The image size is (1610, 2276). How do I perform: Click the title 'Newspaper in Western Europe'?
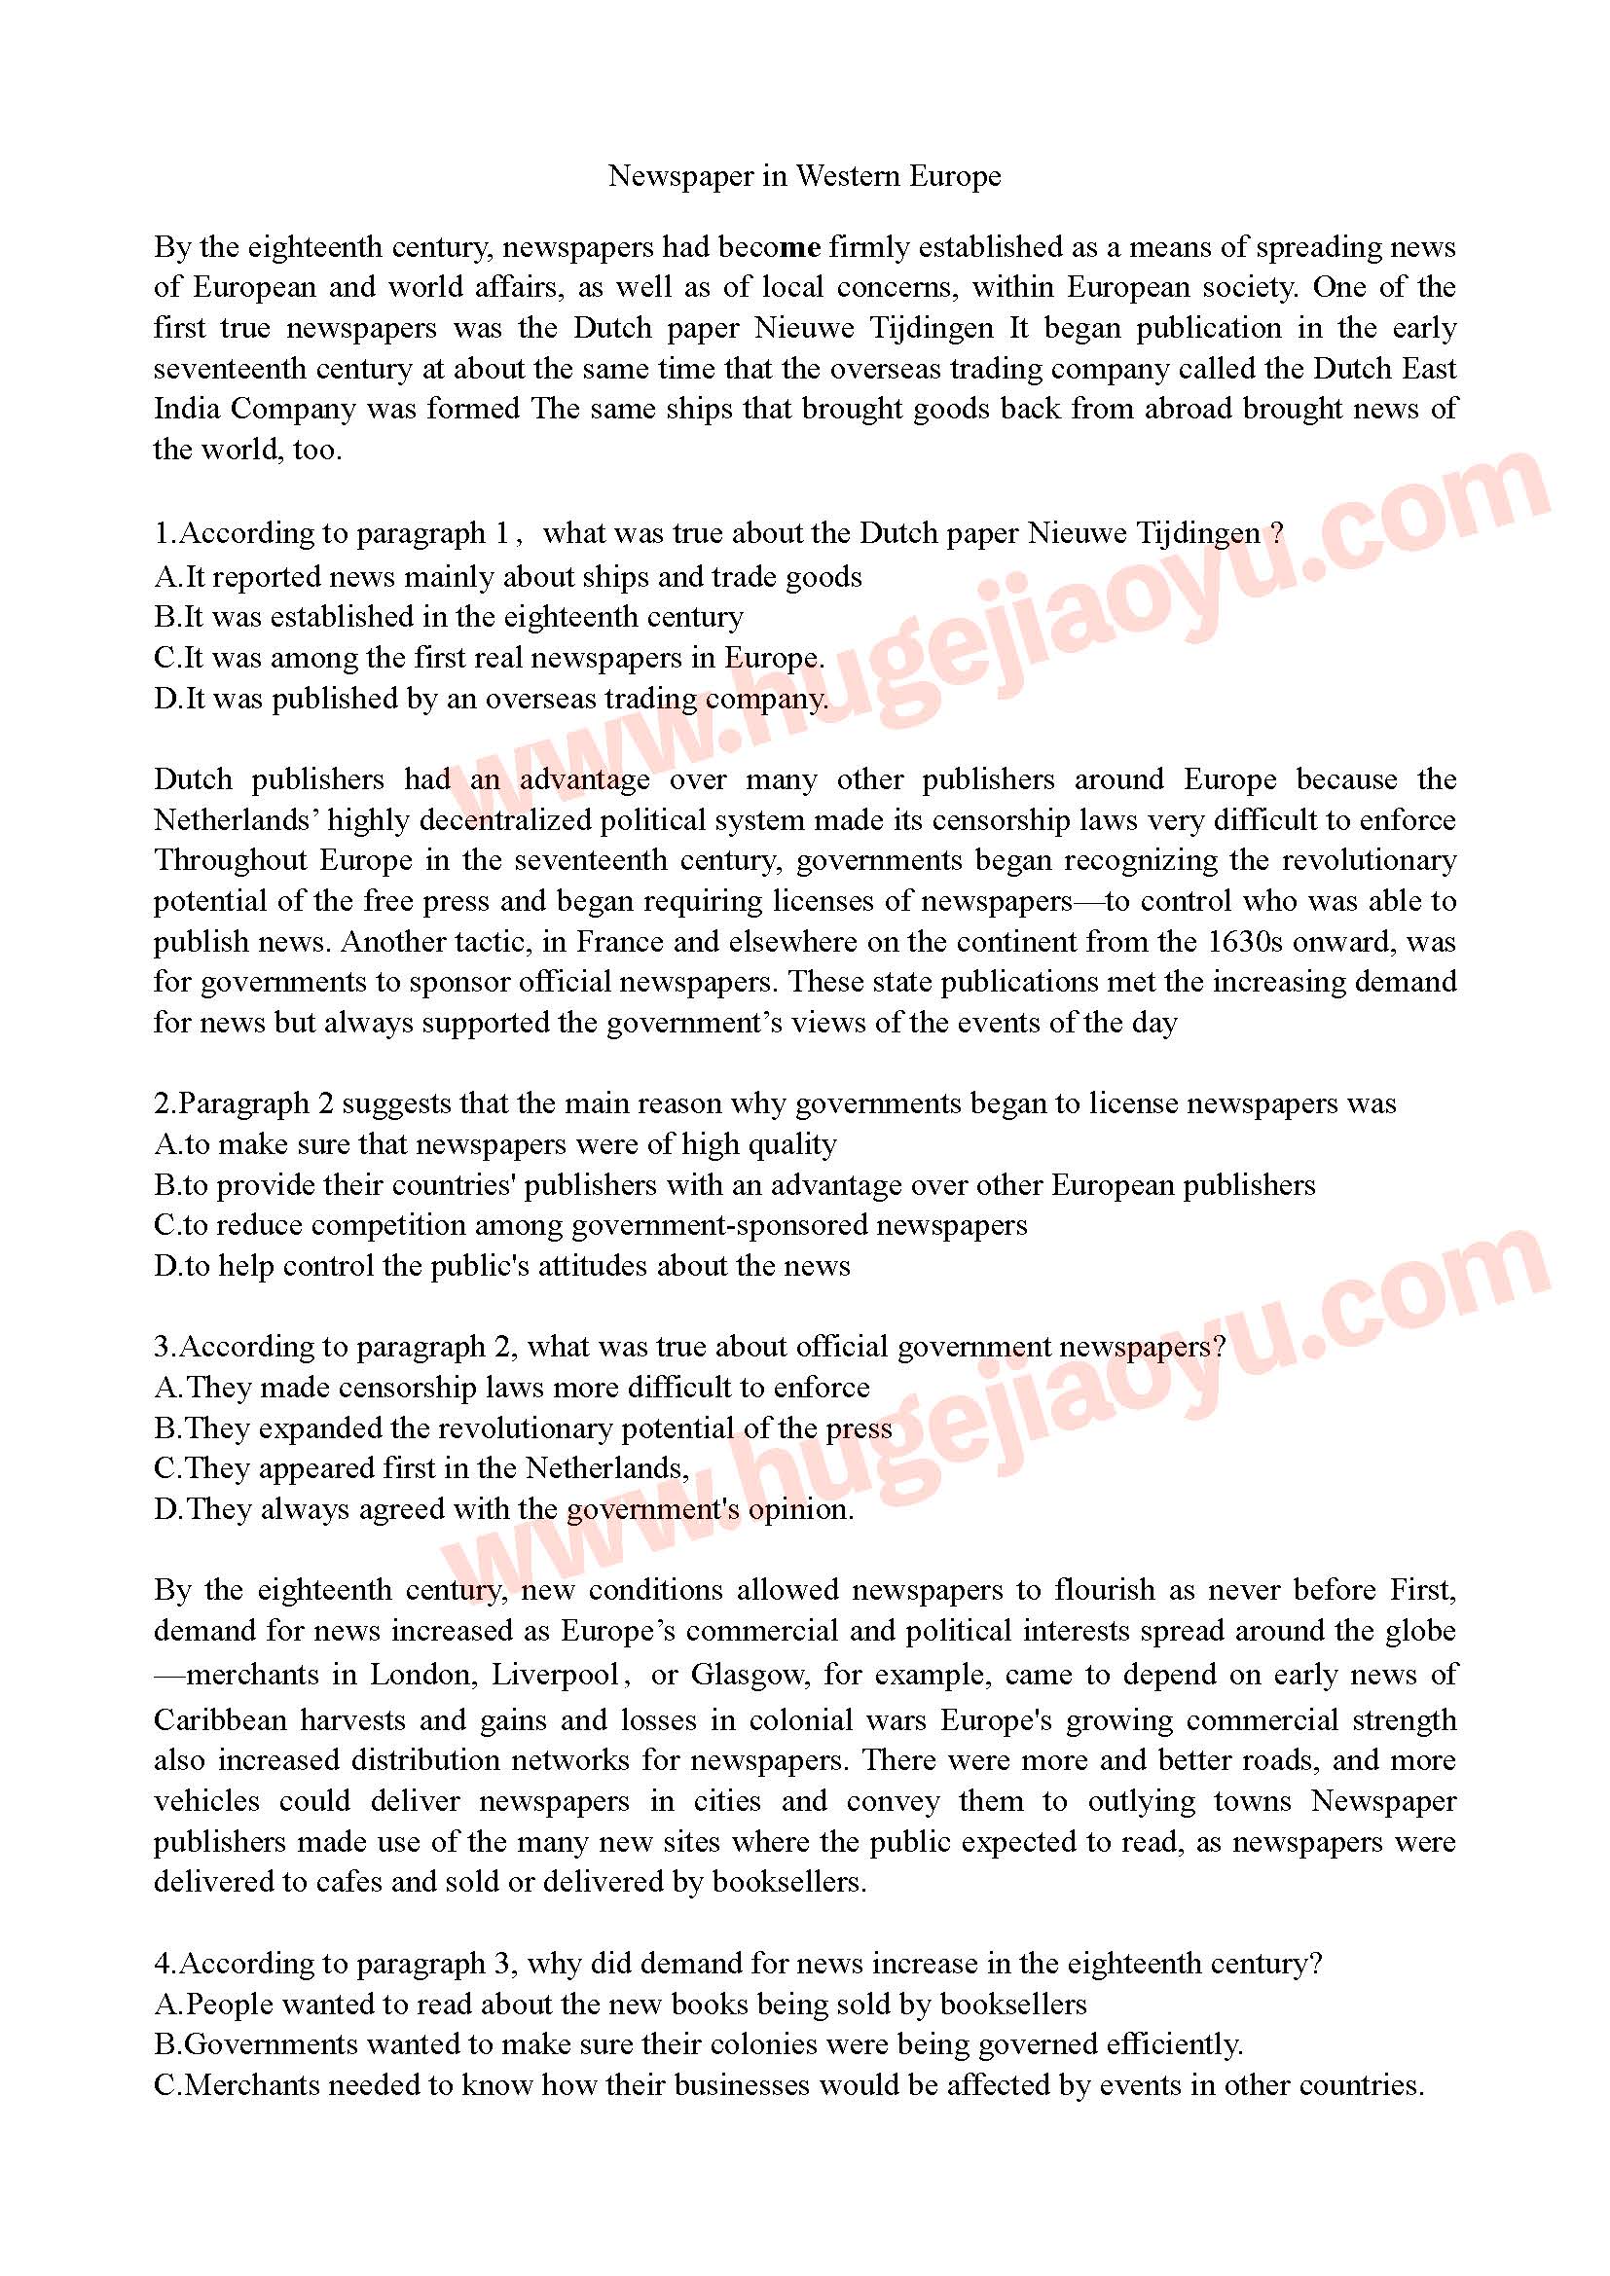point(804,176)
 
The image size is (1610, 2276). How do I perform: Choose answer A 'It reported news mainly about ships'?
point(507,577)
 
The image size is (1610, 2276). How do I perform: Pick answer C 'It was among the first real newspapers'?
point(489,658)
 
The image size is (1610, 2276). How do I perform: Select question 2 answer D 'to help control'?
point(501,1266)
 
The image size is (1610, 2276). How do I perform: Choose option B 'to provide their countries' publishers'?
point(734,1184)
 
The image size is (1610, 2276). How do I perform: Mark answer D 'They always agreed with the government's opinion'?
point(503,1509)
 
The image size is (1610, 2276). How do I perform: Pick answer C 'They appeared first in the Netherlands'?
point(421,1468)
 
